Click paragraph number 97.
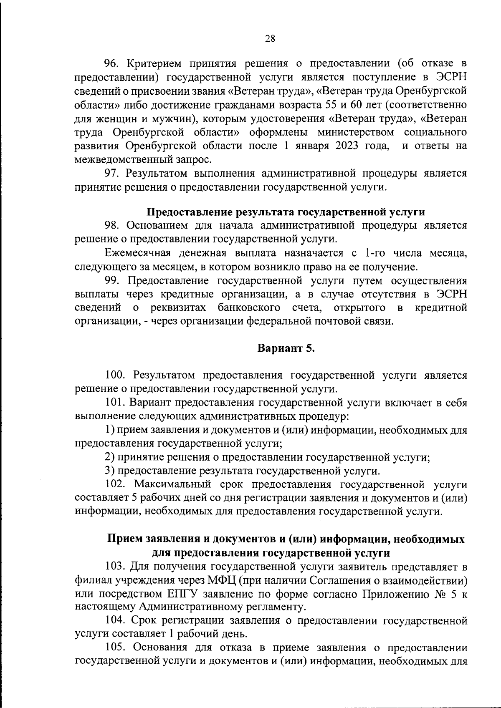tap(111, 173)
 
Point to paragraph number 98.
tap(111, 226)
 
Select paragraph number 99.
tap(111, 280)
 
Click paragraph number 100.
tap(114, 375)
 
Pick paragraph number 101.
tap(114, 403)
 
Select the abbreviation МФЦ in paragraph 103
tap(221, 580)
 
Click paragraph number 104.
tap(114, 621)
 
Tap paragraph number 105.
tap(114, 648)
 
